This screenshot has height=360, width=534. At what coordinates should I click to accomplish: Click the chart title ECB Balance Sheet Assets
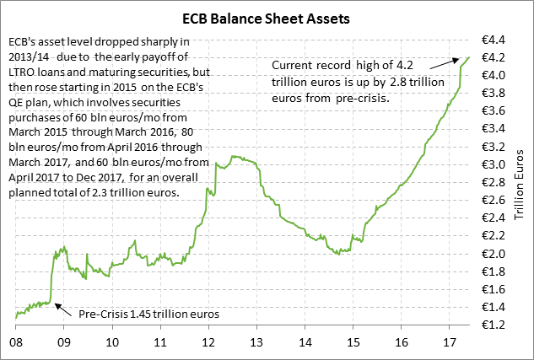(267, 16)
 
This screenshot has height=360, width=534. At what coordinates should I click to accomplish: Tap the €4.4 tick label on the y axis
(494, 40)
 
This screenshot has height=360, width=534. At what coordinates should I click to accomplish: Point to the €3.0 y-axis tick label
(494, 164)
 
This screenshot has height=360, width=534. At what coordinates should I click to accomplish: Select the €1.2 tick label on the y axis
(494, 325)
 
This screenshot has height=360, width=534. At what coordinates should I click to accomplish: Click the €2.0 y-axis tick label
(494, 254)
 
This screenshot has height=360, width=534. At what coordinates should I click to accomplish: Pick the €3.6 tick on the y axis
(494, 111)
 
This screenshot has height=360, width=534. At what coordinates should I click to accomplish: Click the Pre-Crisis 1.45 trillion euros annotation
(148, 314)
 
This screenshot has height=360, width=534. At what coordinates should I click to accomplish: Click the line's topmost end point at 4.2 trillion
(468, 57)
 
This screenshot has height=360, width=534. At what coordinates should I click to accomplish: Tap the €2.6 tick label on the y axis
(494, 200)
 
